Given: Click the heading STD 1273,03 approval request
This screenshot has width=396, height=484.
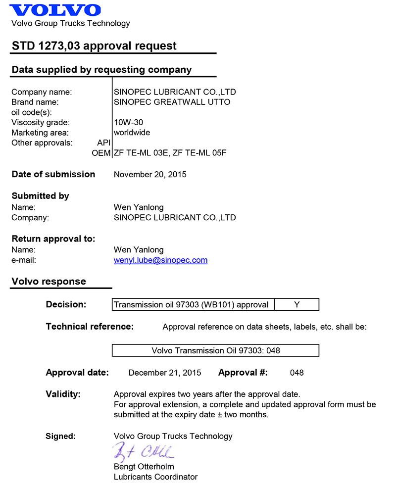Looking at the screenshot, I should [94, 46].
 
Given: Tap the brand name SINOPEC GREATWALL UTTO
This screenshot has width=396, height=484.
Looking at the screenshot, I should [172, 102].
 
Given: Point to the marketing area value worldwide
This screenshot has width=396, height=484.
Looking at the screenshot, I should [132, 133].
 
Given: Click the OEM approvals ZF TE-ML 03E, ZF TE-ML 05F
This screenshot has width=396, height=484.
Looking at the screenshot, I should [170, 153].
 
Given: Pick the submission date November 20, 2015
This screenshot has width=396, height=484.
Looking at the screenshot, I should [150, 174].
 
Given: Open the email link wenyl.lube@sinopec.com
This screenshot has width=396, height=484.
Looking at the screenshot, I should [160, 260].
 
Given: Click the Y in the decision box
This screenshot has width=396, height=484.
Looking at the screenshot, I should [297, 305].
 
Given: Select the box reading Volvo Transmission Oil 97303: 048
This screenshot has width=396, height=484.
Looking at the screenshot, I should [215, 350].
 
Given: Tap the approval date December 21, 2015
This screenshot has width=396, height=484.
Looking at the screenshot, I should [165, 373].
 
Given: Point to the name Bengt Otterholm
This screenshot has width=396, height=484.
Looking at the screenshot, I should [144, 467].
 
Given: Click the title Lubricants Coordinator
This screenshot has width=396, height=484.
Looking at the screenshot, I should [155, 477].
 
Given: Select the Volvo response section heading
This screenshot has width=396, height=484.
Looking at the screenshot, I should [49, 282].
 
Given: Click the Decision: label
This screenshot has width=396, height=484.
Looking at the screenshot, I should [66, 304].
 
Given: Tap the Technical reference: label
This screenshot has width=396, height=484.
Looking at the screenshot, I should [90, 327].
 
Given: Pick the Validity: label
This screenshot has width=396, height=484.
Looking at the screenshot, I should [63, 394].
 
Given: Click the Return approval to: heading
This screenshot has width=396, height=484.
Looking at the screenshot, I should [53, 239].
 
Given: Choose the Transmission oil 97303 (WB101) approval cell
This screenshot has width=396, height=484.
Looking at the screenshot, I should [193, 305].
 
